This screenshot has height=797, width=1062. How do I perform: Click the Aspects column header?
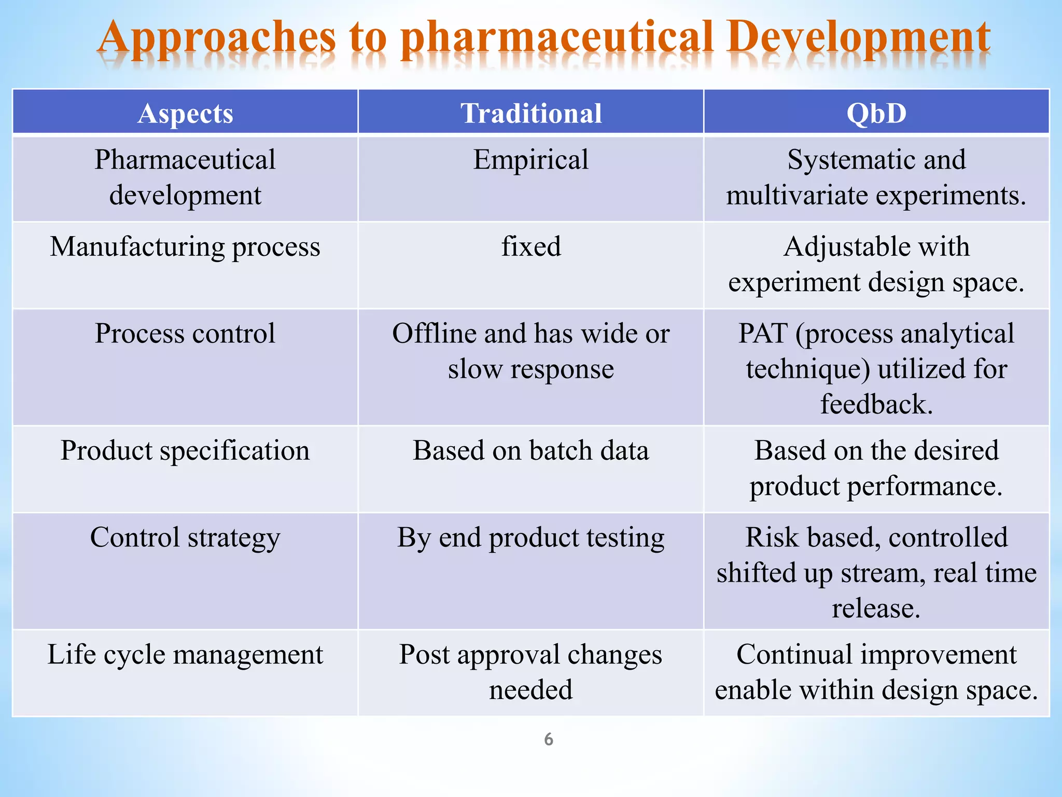click(x=185, y=114)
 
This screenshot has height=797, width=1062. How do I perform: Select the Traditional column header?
click(x=531, y=114)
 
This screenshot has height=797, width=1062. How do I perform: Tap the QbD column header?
click(x=876, y=114)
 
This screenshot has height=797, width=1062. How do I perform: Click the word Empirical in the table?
click(x=531, y=160)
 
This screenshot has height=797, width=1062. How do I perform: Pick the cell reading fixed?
click(x=531, y=246)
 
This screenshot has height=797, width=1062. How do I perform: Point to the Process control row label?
click(x=185, y=334)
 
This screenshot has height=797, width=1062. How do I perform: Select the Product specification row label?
click(x=185, y=450)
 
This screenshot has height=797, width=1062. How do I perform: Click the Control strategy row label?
click(x=185, y=538)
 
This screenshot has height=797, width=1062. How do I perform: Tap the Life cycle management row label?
click(x=185, y=654)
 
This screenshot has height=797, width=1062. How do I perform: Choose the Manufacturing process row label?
click(x=185, y=246)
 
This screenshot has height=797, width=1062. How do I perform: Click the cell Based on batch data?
click(x=531, y=450)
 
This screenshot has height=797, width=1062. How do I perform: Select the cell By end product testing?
click(x=531, y=538)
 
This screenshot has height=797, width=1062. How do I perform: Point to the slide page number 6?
click(x=549, y=739)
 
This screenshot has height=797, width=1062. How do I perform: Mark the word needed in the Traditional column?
click(x=531, y=690)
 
